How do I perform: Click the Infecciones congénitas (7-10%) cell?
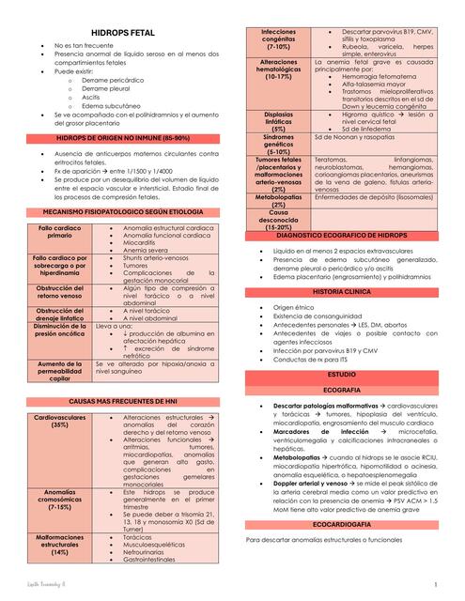279,39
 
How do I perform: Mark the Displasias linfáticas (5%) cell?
279,122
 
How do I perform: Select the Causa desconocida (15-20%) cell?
279,220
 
